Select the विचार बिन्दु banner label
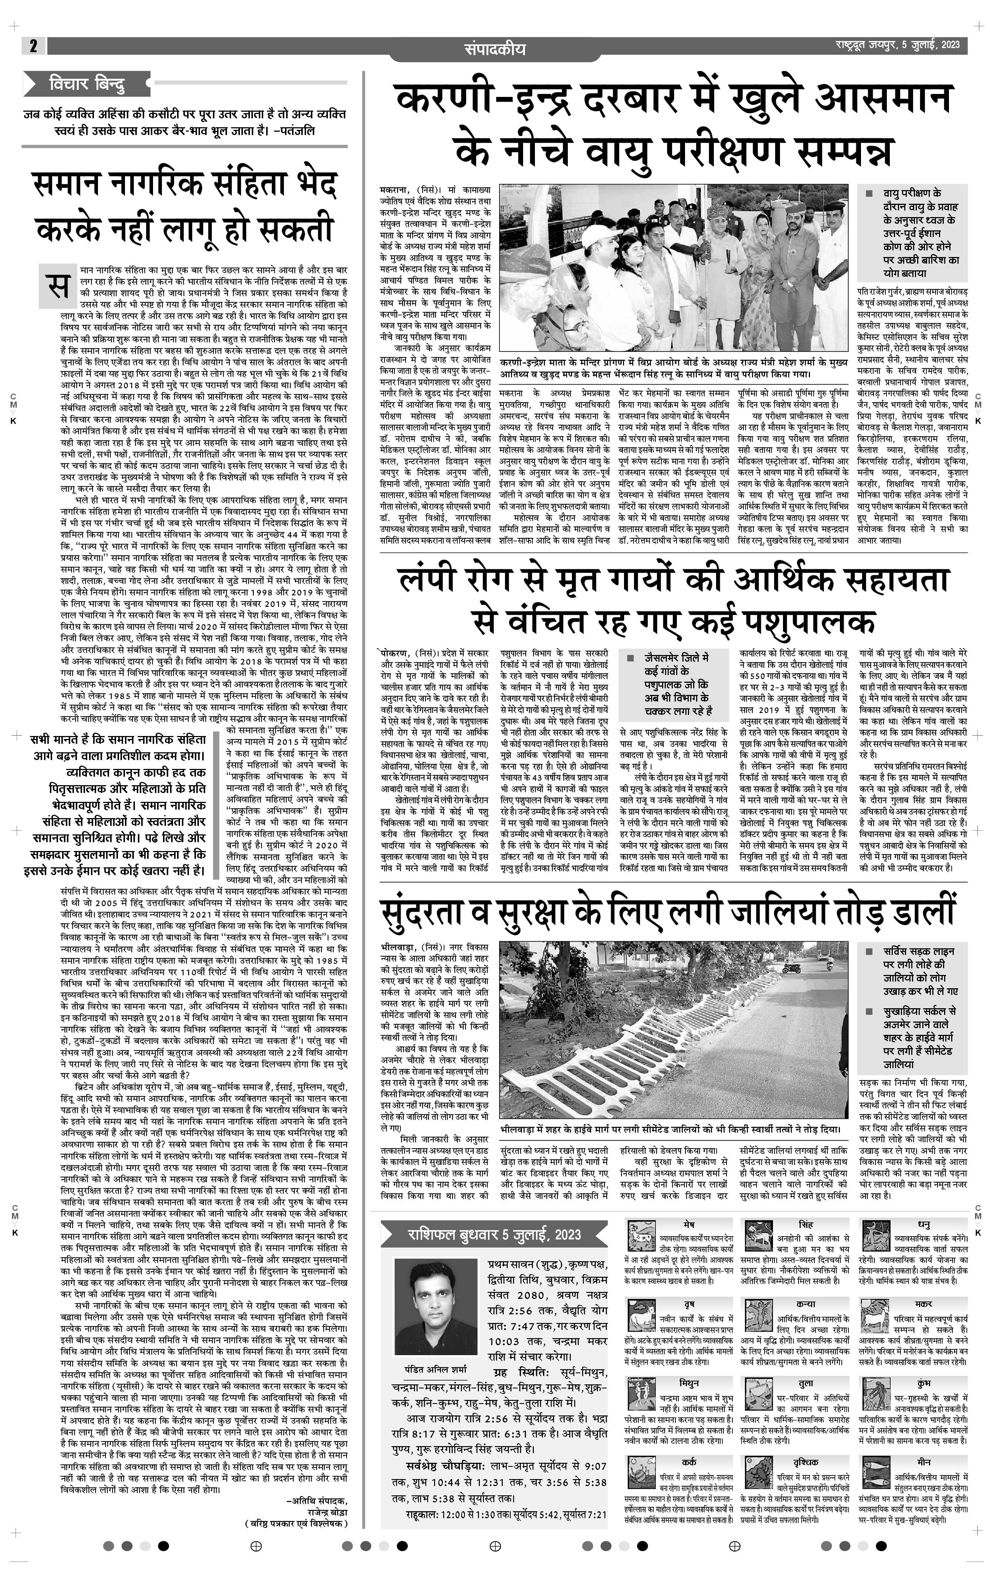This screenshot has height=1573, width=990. coord(87,84)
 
